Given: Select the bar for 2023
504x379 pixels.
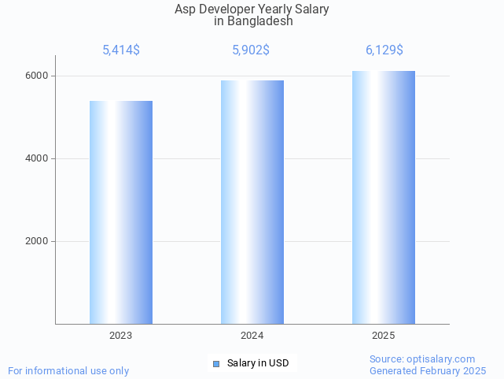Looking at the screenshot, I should pyautogui.click(x=121, y=212).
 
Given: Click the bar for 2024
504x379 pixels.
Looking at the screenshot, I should pyautogui.click(x=252, y=202).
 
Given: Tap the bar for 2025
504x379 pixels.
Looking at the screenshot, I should pyautogui.click(x=384, y=197).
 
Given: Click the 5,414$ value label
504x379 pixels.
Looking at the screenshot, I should pyautogui.click(x=121, y=50).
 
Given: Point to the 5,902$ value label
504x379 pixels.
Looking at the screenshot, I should pyautogui.click(x=251, y=50).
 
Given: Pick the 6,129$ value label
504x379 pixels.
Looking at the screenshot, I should pyautogui.click(x=384, y=50).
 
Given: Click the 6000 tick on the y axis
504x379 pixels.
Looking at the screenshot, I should pyautogui.click(x=36, y=76).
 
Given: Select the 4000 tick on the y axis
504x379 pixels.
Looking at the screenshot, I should pyautogui.click(x=36, y=158).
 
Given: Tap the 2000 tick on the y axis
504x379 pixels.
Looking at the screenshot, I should pyautogui.click(x=36, y=241).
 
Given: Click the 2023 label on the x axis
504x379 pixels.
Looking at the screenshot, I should pyautogui.click(x=121, y=336).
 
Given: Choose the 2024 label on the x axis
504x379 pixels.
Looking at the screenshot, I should pyautogui.click(x=252, y=336).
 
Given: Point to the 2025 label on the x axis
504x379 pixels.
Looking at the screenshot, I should pyautogui.click(x=384, y=336).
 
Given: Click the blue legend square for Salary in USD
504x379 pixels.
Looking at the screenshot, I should pyautogui.click(x=217, y=363).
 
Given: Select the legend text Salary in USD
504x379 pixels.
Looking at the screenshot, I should pyautogui.click(x=258, y=363).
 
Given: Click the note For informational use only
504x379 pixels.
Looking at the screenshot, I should pyautogui.click(x=68, y=370).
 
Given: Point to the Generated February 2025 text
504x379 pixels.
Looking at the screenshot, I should pyautogui.click(x=428, y=370).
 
